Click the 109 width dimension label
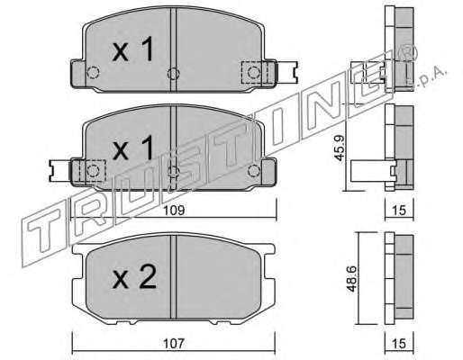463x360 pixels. click(174, 211)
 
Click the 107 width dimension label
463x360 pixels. click(174, 343)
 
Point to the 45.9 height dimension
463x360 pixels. click(340, 148)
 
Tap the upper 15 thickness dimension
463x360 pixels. click(399, 211)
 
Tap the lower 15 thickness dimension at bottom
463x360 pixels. click(399, 343)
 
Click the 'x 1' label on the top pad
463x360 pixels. click(133, 49)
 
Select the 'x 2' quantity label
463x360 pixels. click(134, 277)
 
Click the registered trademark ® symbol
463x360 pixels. click(407, 53)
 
